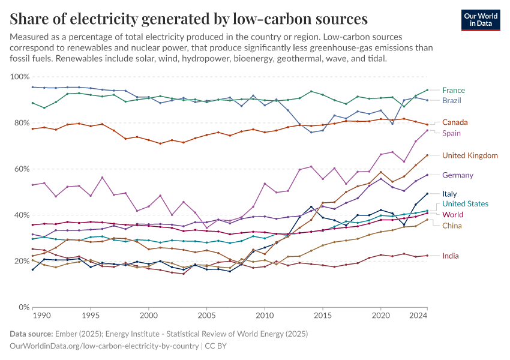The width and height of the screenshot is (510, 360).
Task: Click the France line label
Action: (x=453, y=91)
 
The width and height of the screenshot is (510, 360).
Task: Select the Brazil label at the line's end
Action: (x=452, y=100)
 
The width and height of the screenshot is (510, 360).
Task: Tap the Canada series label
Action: (x=455, y=122)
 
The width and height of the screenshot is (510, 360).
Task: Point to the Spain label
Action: (x=451, y=133)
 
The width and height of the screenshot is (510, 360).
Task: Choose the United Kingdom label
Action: (x=470, y=155)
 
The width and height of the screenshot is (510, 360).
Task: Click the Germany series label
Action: (x=457, y=175)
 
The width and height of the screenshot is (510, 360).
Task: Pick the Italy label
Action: (x=449, y=194)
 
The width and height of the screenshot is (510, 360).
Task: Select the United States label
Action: (x=465, y=204)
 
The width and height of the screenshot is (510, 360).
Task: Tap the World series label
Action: (x=452, y=215)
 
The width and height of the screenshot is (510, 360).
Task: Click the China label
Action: (x=452, y=226)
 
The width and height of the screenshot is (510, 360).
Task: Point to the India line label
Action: (x=451, y=256)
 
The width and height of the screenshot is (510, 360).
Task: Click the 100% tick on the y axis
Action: (x=20, y=77)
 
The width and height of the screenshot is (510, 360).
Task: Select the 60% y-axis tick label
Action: (x=22, y=169)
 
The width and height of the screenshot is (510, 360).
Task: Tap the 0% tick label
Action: (x=24, y=307)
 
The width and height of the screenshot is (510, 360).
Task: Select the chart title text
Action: (x=189, y=19)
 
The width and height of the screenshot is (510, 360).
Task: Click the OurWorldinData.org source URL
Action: (x=104, y=346)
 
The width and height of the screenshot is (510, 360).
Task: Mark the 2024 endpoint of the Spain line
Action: (x=427, y=130)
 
